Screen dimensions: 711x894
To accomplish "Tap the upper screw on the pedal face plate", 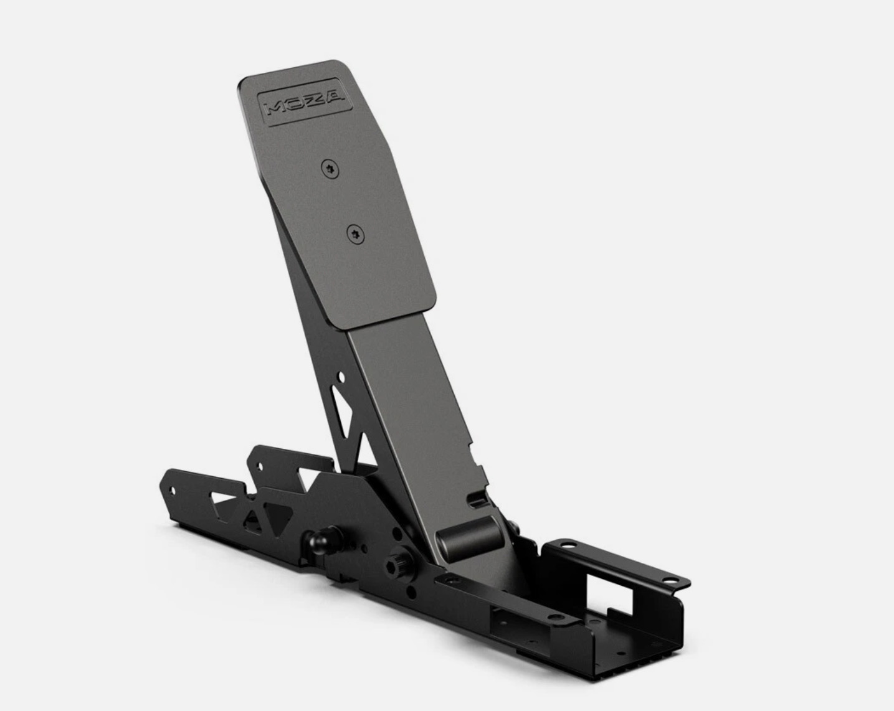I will [x=330, y=167].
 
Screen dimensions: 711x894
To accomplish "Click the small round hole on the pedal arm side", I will [x=340, y=377].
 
